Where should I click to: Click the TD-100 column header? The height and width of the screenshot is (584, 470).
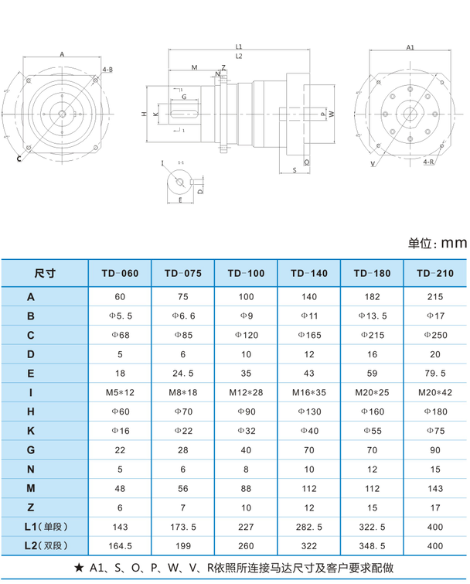246,274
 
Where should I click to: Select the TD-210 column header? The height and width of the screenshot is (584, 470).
435,274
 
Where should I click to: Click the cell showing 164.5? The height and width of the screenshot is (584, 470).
120,545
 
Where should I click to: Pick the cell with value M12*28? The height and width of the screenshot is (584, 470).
246,392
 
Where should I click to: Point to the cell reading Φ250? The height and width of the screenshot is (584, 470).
435,335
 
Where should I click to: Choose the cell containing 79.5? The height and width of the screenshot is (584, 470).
435,374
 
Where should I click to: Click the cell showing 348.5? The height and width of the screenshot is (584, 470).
372,545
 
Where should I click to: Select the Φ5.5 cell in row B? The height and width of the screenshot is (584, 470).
120,316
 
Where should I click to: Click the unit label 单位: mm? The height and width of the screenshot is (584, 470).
438,243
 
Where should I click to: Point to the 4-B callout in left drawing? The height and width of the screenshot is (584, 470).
107,70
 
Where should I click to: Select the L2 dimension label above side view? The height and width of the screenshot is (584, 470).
239,56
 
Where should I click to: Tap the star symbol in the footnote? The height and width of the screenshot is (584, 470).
80,568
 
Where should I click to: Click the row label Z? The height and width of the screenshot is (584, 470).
31,507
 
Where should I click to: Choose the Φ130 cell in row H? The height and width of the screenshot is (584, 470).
308,412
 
